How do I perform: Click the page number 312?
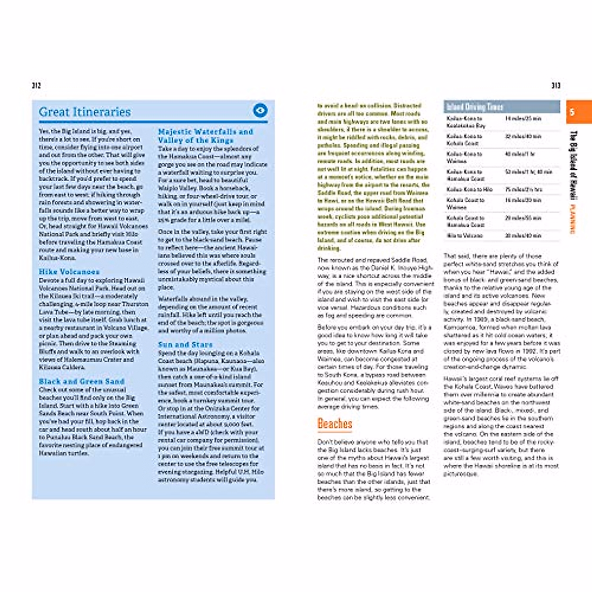tap(36, 85)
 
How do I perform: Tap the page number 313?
tap(556, 85)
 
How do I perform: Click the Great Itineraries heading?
tap(85, 112)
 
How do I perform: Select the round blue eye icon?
tap(260, 111)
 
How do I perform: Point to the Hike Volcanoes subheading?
tap(69, 272)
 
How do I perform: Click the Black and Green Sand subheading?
tap(81, 381)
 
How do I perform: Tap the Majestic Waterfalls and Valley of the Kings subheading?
tap(206, 136)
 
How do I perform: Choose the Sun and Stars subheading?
tap(185, 344)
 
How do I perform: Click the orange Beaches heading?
tap(335, 424)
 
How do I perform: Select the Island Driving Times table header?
tap(475, 107)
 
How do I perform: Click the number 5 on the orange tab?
tap(572, 112)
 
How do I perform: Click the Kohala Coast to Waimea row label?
tap(465, 203)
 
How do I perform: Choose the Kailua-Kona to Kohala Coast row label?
tap(464, 140)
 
